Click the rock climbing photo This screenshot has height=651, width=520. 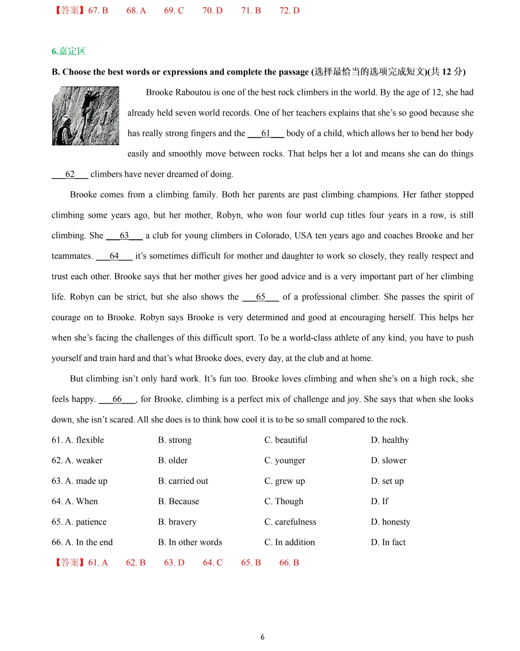(85, 116)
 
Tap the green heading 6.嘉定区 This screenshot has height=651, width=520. (68, 51)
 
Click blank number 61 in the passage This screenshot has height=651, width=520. (266, 133)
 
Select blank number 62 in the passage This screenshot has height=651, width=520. (70, 174)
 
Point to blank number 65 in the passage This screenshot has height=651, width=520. (260, 297)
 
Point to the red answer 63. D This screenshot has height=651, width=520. (174, 562)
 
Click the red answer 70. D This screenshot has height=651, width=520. (213, 11)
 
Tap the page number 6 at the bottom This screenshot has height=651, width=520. (262, 637)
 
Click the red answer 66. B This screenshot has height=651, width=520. (289, 562)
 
